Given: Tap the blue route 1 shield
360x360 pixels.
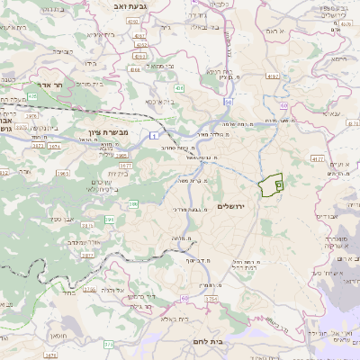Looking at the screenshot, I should [141, 134].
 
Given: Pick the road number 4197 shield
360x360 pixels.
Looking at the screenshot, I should [139, 37].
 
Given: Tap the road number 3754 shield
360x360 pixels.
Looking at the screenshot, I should [211, 299].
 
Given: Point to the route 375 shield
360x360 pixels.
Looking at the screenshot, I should [109, 344].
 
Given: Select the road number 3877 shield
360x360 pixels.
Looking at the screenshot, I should [125, 166].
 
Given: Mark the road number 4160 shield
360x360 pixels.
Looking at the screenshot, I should [135, 67].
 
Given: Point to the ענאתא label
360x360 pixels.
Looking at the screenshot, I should [329, 114].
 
